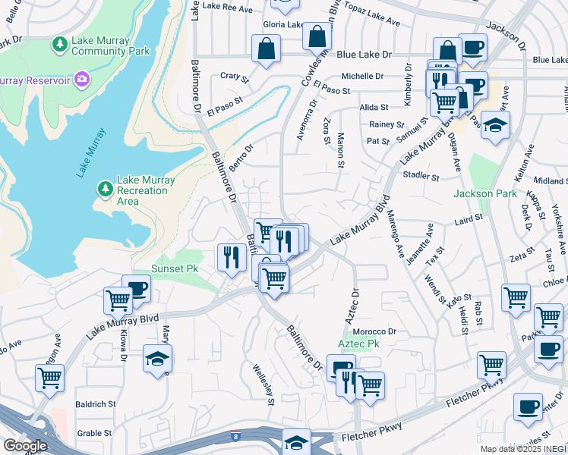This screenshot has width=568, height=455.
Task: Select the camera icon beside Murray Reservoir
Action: (81, 78)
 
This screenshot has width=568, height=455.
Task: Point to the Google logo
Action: (25, 446)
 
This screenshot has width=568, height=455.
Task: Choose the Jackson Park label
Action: (484, 194)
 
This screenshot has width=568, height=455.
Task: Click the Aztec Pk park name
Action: (357, 344)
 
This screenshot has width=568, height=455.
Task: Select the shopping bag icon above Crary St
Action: (267, 49)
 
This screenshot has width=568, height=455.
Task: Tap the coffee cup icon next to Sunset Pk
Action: (137, 287)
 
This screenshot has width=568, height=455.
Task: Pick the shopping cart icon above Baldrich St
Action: (49, 377)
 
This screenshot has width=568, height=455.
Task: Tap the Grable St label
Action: (94, 434)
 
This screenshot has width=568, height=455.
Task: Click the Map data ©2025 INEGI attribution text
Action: (523, 449)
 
